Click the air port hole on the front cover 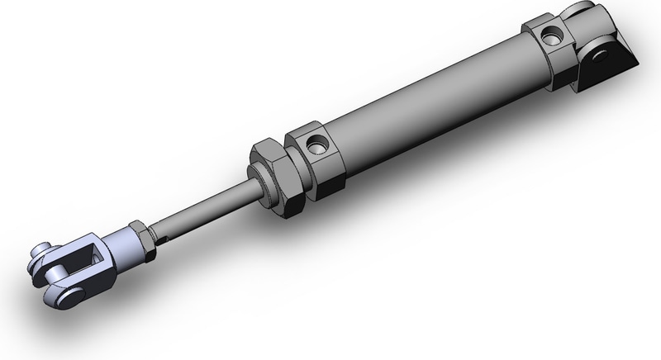(x=315, y=147)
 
